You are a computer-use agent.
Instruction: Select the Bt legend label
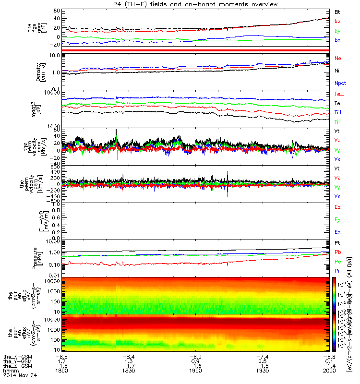point(338,11)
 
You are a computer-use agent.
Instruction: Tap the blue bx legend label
point(338,40)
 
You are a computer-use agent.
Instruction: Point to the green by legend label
point(338,30)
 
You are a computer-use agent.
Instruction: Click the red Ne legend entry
point(338,58)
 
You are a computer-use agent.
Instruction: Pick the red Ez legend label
point(338,207)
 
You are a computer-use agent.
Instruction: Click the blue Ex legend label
point(338,232)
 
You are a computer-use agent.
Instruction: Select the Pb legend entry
point(338,252)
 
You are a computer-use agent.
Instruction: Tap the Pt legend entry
point(338,243)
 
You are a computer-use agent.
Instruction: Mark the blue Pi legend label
point(338,271)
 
